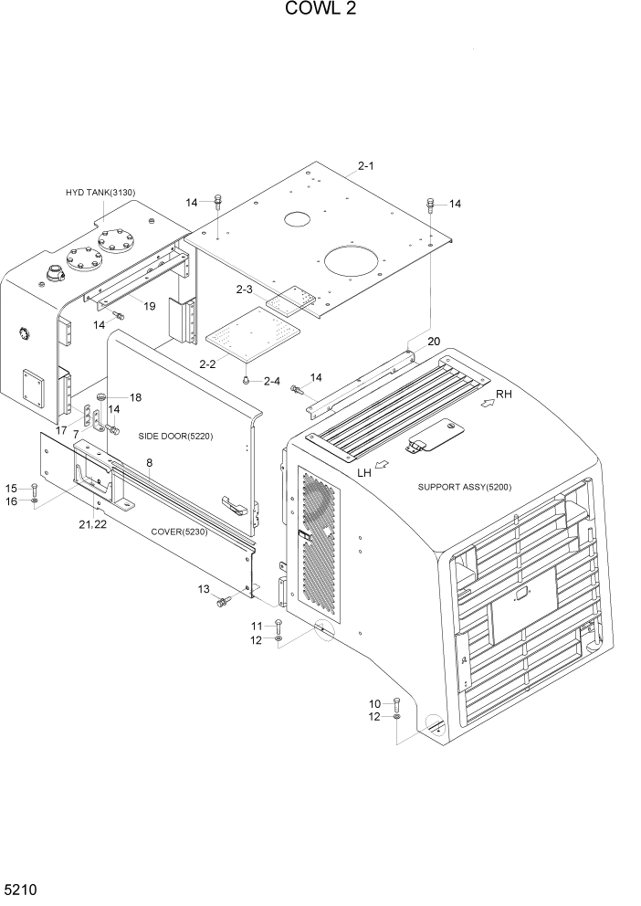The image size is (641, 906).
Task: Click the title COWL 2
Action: coord(320,10)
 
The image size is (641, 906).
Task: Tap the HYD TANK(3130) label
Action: coord(100,192)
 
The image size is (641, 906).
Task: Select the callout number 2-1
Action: coord(366,165)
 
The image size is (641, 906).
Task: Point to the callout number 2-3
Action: coord(244,290)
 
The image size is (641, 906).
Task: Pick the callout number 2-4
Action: coord(272,381)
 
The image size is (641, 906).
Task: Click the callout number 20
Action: coord(434,342)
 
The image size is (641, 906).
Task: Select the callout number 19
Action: coord(147,306)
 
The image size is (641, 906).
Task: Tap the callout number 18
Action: coord(135,397)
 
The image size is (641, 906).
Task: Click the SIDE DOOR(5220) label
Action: coord(175,436)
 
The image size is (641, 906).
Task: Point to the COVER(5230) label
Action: coord(179,532)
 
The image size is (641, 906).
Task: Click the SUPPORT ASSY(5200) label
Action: coord(464,487)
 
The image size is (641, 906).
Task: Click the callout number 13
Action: coord(203,589)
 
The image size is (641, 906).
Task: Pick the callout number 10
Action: coord(374,703)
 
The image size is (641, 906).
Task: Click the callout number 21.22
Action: coord(93,526)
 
